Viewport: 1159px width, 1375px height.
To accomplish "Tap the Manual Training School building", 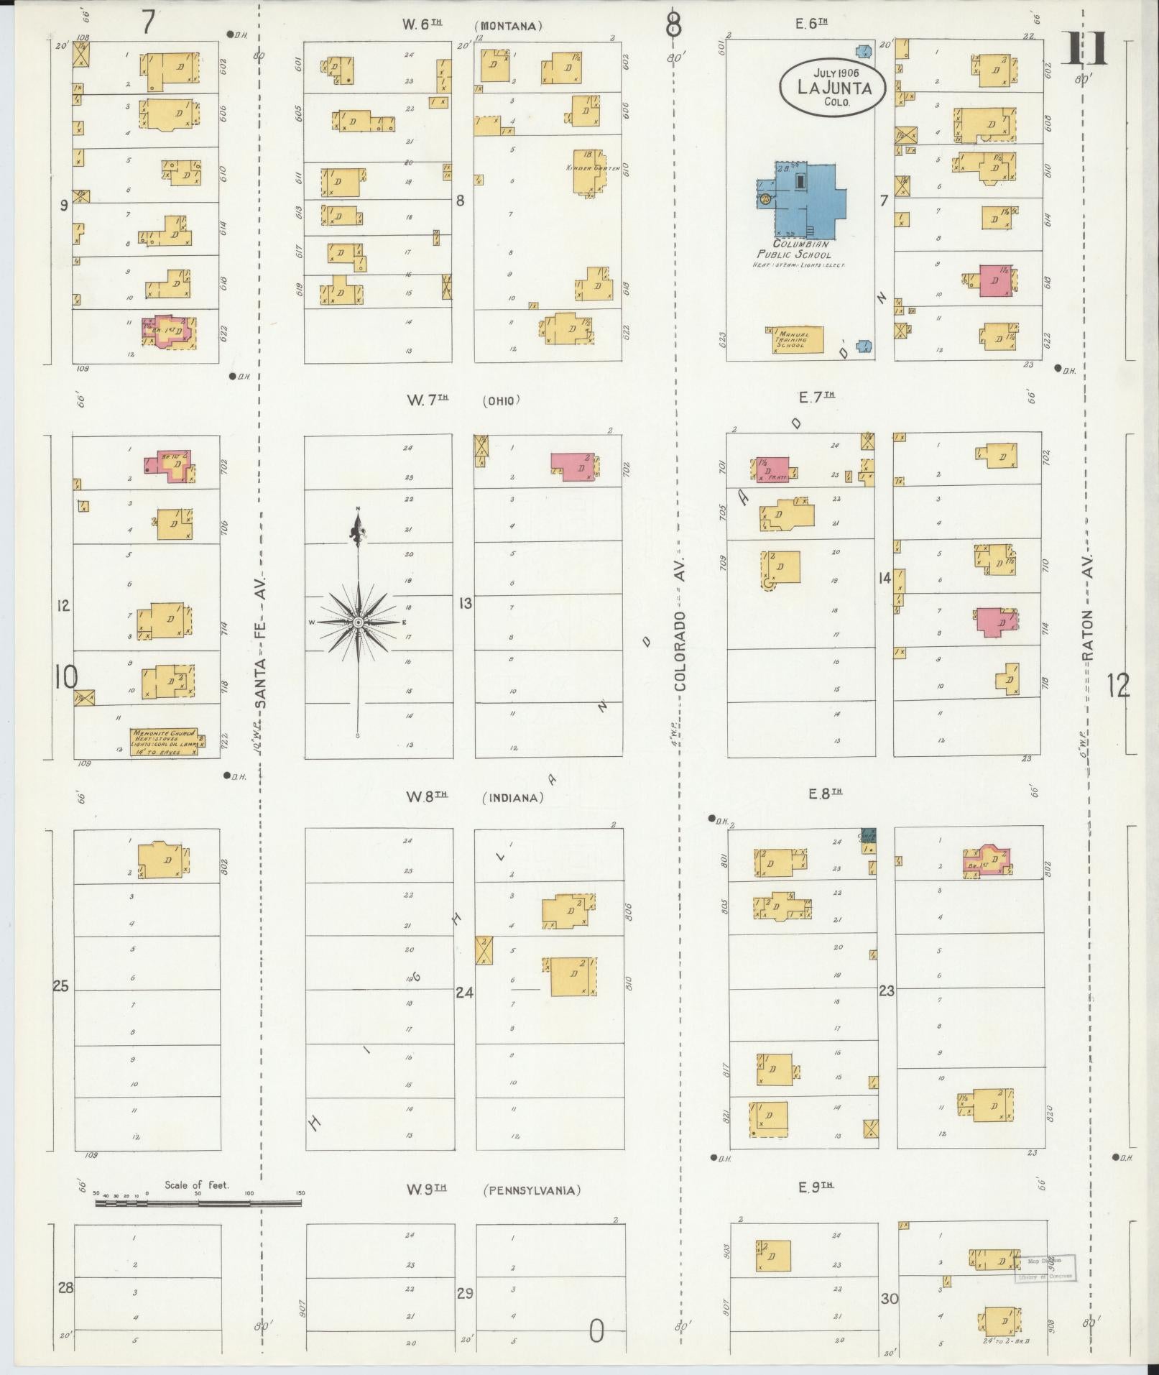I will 798,339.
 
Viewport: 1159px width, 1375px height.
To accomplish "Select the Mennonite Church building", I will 164,741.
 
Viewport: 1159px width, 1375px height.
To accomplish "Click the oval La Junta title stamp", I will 833,87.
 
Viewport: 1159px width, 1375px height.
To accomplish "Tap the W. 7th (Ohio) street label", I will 463,400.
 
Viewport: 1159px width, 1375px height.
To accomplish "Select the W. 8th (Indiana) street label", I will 474,797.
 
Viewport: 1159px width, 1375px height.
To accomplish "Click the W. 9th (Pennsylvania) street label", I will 492,1190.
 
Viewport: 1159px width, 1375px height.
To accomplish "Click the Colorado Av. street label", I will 679,650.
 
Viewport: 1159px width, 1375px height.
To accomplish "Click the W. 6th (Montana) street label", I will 471,25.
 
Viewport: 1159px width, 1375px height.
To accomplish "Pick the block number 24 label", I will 464,993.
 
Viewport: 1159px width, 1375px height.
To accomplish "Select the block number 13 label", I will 466,603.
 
